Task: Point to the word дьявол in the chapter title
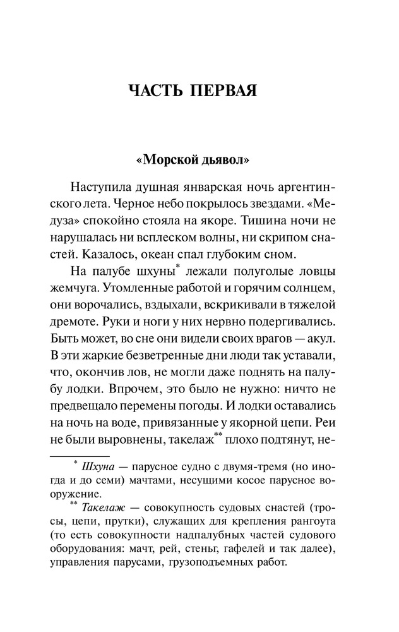[226, 159]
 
